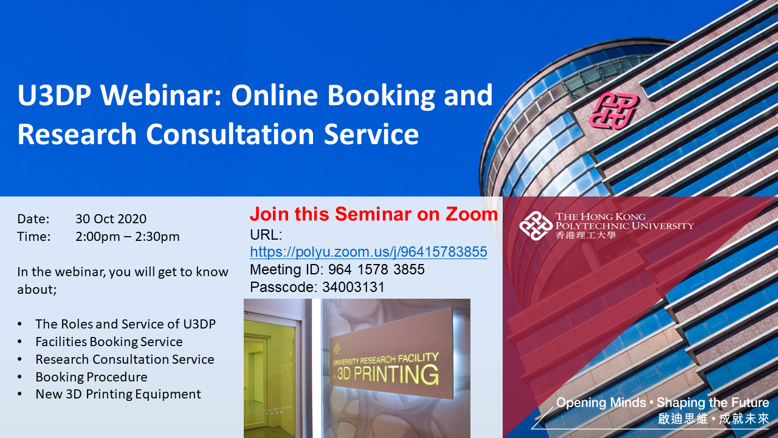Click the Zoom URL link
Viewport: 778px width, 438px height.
[x=368, y=252]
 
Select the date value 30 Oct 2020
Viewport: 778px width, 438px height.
[x=111, y=219]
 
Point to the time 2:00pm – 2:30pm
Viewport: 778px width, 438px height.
[x=128, y=237]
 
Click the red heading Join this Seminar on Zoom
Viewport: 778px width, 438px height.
[x=373, y=214]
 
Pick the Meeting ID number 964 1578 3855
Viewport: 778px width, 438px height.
[x=376, y=269]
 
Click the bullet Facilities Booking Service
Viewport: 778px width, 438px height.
[x=109, y=342]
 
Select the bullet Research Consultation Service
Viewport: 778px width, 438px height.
[x=125, y=360]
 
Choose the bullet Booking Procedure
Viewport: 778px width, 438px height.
[x=91, y=377]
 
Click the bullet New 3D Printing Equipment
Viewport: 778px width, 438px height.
[x=118, y=394]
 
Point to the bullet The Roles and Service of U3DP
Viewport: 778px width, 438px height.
[x=125, y=324]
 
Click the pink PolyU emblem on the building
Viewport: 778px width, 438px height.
[x=613, y=109]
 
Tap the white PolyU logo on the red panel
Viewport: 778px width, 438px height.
[x=535, y=226]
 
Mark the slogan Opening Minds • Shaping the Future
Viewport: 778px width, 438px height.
[x=663, y=403]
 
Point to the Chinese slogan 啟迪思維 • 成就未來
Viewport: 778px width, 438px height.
[x=714, y=419]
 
